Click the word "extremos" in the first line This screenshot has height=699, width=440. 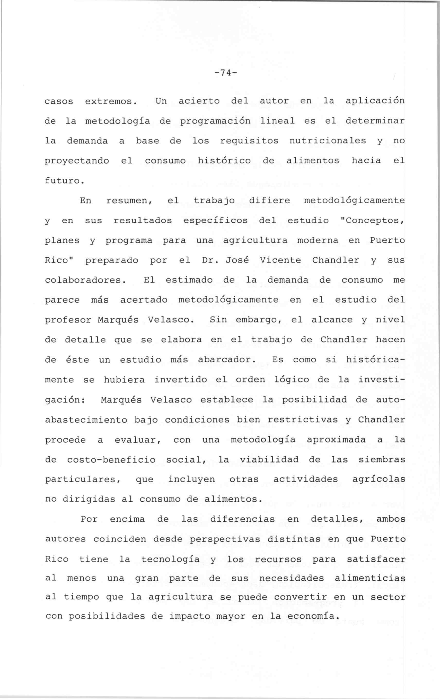(110, 101)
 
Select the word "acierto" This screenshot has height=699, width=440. (199, 101)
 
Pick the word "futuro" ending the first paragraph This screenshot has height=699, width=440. (63, 181)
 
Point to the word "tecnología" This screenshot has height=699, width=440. (170, 559)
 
